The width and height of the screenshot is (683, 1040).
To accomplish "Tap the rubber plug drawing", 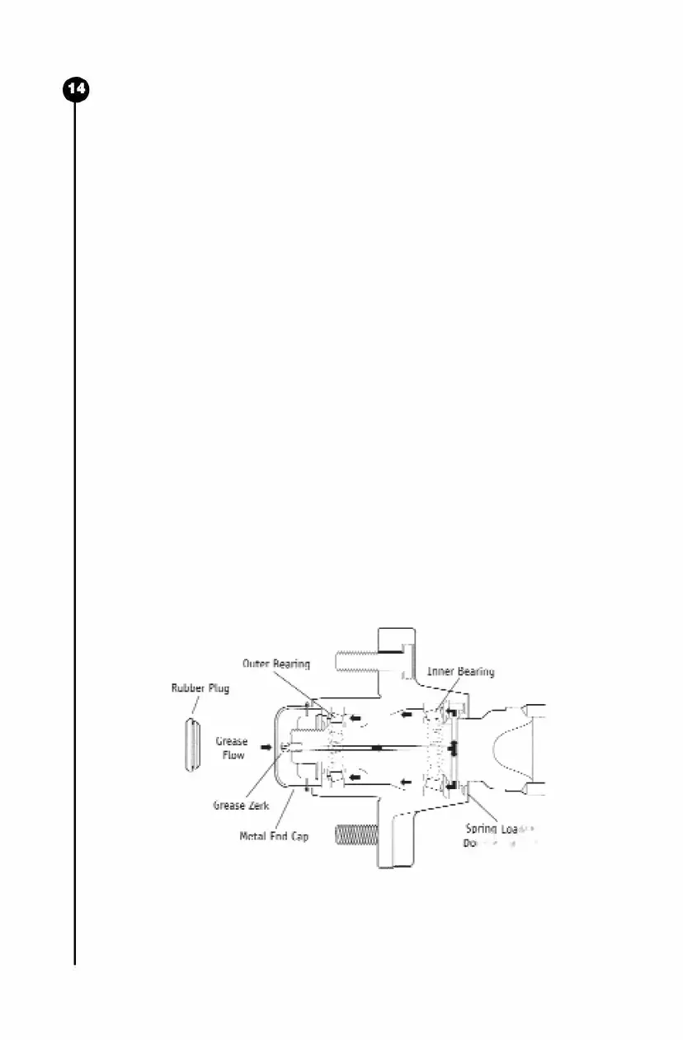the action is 192,745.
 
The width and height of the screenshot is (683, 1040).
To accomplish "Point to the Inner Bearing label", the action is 460,672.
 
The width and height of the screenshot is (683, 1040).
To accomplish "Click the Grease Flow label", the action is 232,748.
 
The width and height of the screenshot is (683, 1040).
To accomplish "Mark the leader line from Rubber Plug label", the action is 195,704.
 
